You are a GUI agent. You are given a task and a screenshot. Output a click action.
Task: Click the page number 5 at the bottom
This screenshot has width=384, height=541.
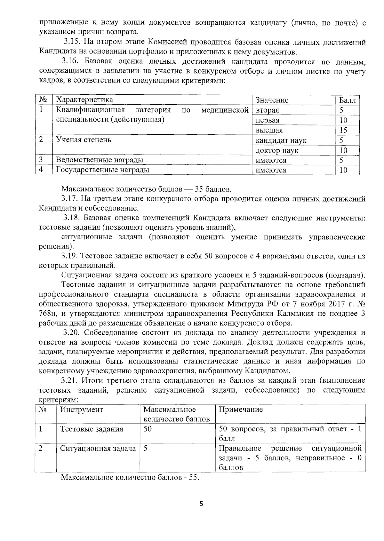coord(201,504)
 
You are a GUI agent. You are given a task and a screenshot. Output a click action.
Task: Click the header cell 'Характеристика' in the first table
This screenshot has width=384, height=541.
coord(84,100)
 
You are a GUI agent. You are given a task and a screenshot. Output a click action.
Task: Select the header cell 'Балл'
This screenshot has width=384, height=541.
coord(347,100)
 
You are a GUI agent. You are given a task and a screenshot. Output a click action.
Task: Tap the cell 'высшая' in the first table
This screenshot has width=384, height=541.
coord(269,130)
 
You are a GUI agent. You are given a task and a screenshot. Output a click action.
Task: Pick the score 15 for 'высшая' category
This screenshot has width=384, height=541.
coord(343,130)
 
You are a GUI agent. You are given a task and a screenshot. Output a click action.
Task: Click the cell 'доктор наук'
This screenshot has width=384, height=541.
coord(277,150)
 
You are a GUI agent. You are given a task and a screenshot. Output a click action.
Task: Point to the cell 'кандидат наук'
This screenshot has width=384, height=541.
coord(281,140)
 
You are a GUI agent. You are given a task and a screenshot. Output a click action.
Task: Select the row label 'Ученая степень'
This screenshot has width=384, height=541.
coord(84,140)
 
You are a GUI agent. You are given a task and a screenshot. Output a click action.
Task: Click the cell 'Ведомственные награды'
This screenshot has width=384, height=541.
coord(100,160)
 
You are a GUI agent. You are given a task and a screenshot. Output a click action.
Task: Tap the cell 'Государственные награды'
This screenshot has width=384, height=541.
coord(102,170)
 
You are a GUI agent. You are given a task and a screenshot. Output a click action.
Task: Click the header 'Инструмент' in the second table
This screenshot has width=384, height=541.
coord(82,410)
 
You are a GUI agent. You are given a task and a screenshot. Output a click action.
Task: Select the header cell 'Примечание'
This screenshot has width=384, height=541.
coord(241,410)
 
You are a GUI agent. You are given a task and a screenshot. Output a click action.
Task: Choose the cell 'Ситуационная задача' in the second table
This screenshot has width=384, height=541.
coord(98,449)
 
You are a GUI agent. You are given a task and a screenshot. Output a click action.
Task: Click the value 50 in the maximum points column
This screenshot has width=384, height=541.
coord(148,429)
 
